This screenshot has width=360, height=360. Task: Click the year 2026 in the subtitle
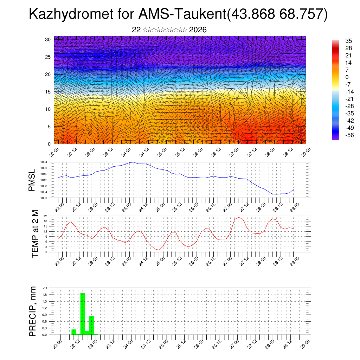click(198, 30)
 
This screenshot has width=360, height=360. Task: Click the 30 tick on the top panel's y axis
click(48, 39)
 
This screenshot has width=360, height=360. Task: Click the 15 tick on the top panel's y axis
click(48, 92)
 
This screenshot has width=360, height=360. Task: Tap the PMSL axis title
click(32, 180)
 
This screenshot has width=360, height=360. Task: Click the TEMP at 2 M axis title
click(35, 234)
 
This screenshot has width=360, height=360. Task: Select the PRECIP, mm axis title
click(33, 311)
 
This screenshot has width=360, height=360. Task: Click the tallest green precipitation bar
click(83, 313)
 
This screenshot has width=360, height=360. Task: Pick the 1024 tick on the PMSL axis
click(44, 162)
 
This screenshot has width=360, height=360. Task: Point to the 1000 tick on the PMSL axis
click(44, 198)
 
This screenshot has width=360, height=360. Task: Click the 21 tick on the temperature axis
click(46, 216)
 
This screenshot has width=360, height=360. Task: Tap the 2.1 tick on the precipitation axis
click(45, 288)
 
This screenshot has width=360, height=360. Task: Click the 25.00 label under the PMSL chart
click(160, 206)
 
